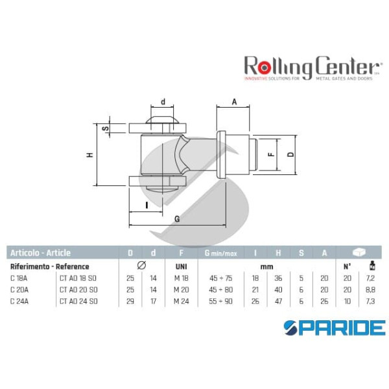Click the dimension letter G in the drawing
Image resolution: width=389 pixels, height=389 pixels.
[177, 219]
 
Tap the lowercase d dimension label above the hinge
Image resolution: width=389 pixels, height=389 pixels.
[163, 101]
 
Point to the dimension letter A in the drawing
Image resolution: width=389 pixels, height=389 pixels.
[235, 101]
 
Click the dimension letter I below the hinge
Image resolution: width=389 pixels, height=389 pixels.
[147, 205]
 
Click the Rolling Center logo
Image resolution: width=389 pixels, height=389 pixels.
[311, 67]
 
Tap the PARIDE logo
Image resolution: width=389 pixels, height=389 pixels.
[335, 327]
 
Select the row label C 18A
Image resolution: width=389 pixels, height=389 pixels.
[19, 278]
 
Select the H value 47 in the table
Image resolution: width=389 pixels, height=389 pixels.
[278, 301]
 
